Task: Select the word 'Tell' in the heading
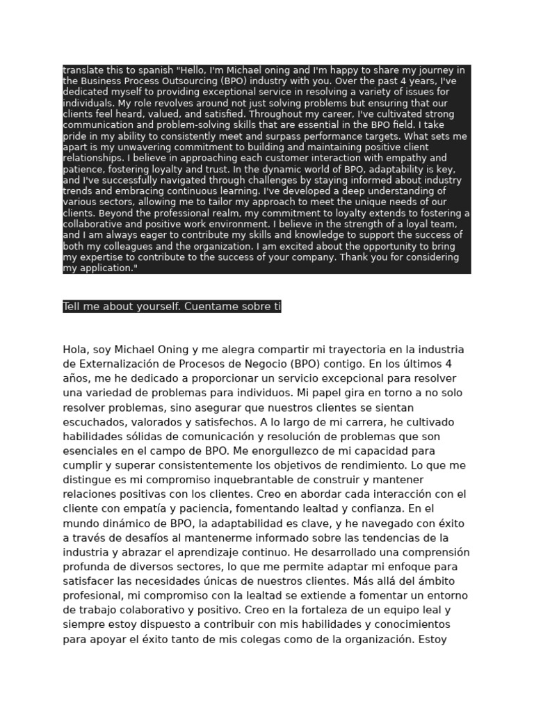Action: [72, 307]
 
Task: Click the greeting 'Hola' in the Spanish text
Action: [75, 350]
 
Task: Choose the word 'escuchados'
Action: [92, 422]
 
